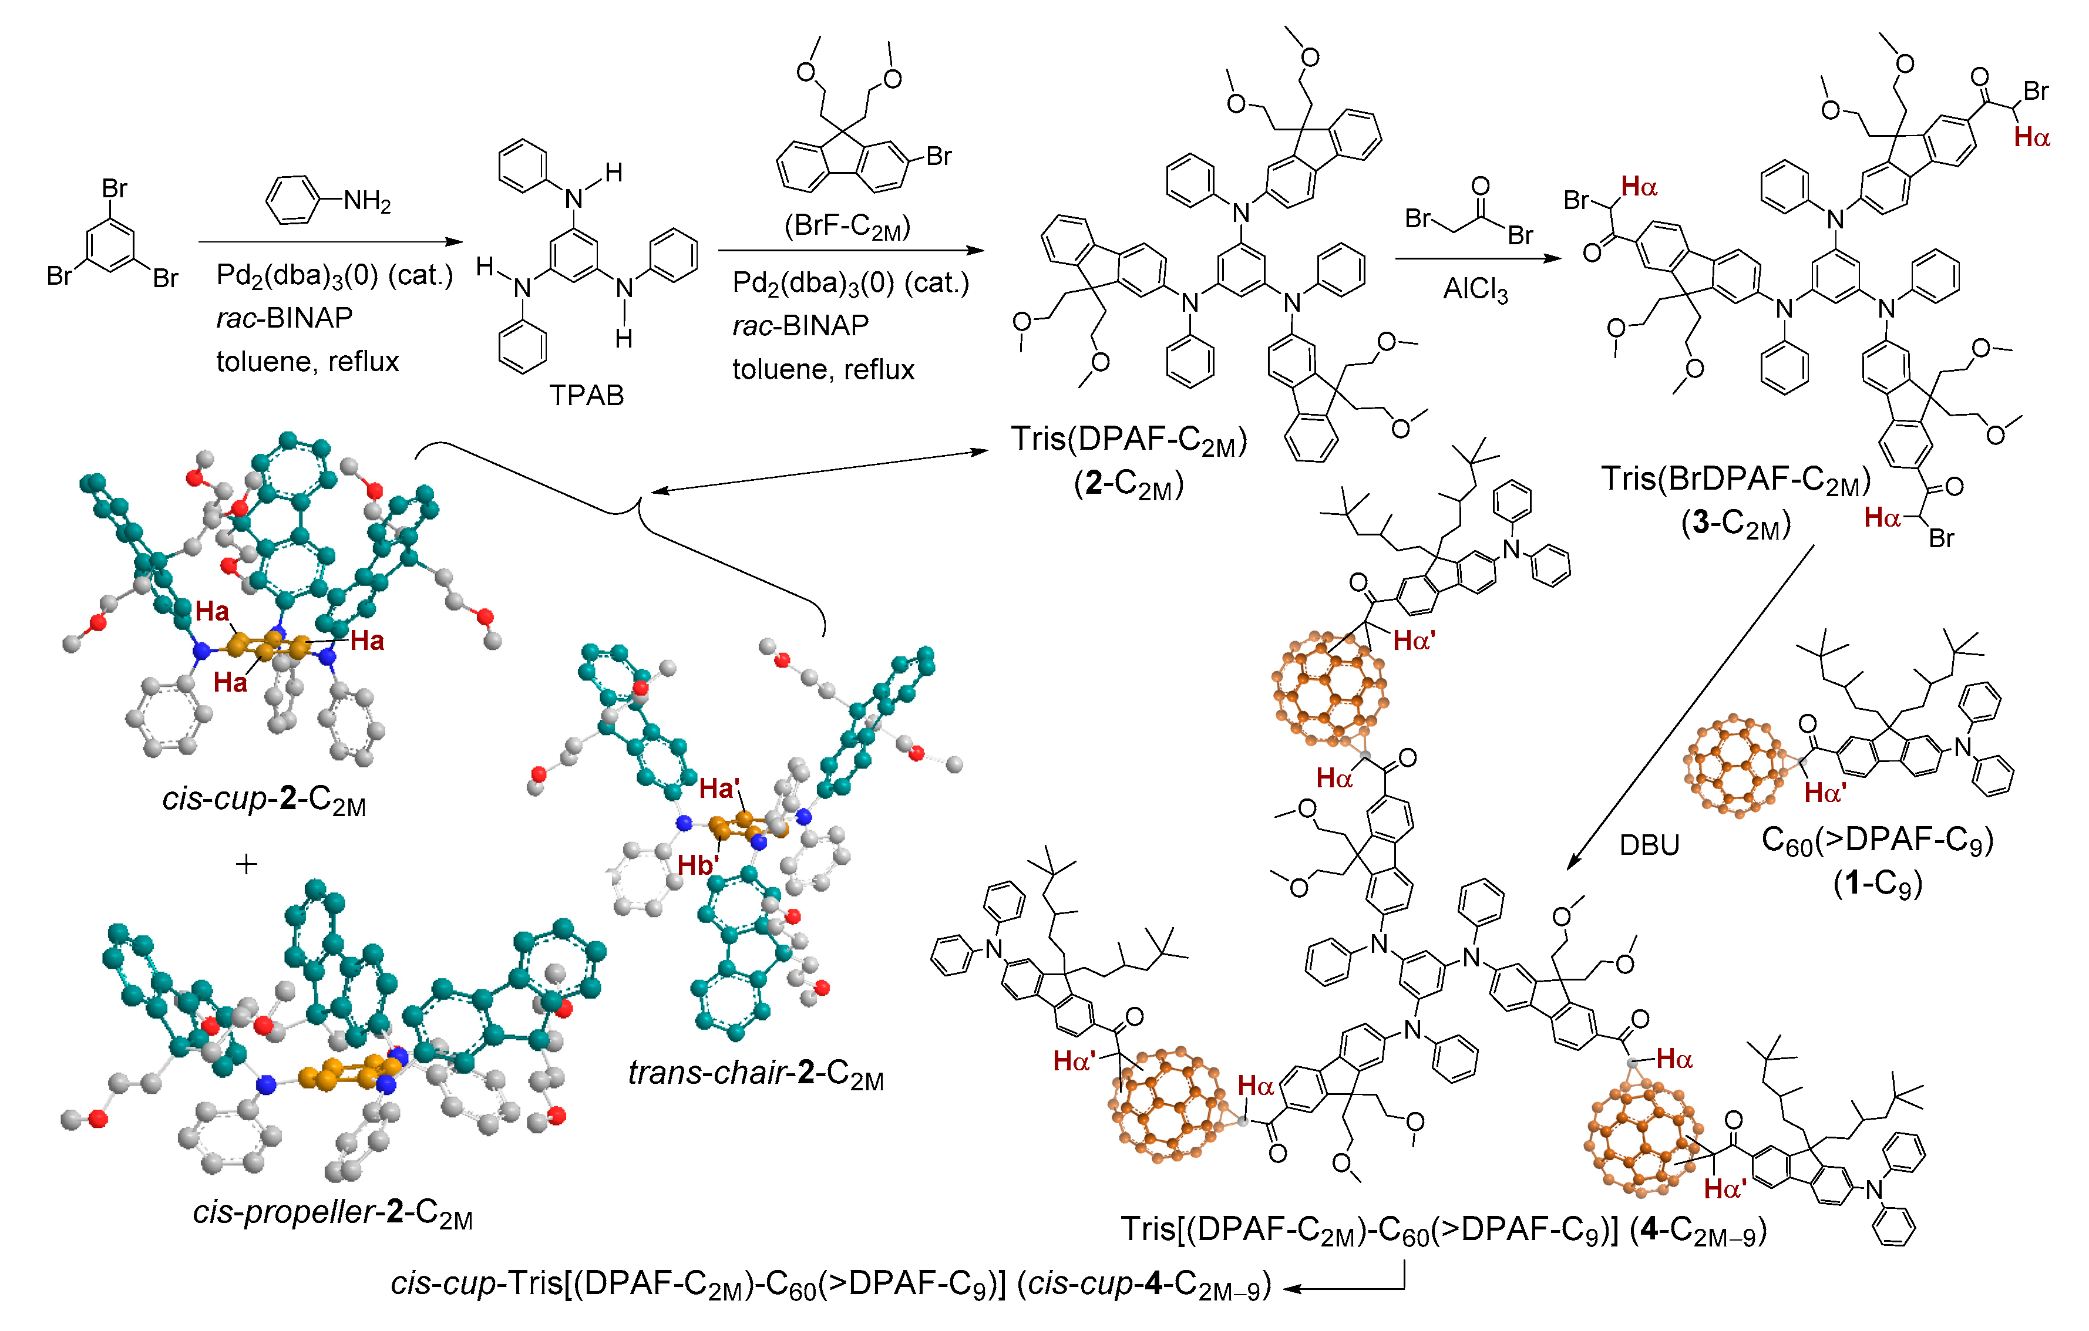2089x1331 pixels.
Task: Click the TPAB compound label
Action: (x=587, y=395)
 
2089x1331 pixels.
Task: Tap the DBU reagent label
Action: (x=1649, y=844)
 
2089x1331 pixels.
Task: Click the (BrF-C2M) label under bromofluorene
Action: (x=847, y=227)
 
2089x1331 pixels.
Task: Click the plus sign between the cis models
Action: (x=247, y=864)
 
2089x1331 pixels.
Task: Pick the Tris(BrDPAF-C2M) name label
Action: (x=1735, y=480)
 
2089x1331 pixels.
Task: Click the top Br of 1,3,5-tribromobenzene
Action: (x=115, y=188)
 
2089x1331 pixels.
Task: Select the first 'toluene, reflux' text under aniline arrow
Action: (x=307, y=362)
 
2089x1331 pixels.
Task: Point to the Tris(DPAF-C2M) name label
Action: (x=1128, y=440)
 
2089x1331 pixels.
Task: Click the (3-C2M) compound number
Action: (x=1735, y=524)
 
